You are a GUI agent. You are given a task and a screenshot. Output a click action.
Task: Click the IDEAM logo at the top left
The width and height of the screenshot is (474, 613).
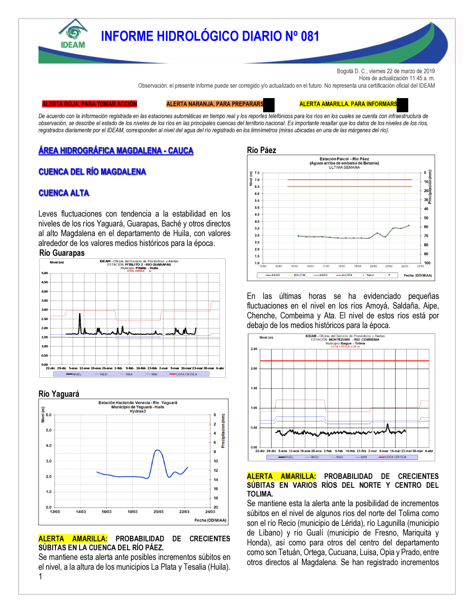tap(73, 34)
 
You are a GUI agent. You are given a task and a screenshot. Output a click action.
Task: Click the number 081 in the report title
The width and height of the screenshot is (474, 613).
tap(310, 37)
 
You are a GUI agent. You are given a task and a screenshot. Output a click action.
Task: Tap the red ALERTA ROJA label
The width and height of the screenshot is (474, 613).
tap(89, 104)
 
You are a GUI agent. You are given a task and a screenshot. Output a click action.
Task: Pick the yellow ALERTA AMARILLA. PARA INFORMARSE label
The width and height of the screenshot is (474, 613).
tap(348, 104)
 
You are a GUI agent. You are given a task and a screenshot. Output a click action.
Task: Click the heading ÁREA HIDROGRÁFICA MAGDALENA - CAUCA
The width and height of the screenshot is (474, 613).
tap(116, 151)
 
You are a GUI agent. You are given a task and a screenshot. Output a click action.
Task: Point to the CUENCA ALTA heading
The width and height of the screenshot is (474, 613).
tap(64, 193)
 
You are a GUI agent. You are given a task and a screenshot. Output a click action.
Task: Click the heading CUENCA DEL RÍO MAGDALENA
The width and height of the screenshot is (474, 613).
tap(92, 172)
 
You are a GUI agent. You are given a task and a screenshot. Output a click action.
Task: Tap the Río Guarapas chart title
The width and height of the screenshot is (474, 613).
tap(62, 253)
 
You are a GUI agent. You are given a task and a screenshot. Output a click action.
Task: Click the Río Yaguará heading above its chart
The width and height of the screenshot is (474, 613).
tap(59, 394)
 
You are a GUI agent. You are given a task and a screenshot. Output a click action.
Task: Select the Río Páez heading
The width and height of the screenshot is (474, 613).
tap(261, 150)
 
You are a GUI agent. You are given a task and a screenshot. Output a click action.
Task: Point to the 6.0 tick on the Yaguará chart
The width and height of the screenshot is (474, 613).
tap(48, 415)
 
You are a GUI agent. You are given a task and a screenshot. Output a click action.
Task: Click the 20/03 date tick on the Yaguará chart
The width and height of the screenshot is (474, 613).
tap(158, 512)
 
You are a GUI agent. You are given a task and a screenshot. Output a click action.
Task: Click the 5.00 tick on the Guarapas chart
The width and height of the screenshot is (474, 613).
tap(45, 273)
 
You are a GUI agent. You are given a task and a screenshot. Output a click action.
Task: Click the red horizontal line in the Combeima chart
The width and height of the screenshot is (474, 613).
tap(344, 361)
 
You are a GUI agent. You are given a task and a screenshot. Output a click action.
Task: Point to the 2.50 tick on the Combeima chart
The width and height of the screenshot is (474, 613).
tap(254, 349)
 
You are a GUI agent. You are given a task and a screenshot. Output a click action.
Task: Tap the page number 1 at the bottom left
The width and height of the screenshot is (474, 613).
tap(40, 576)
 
